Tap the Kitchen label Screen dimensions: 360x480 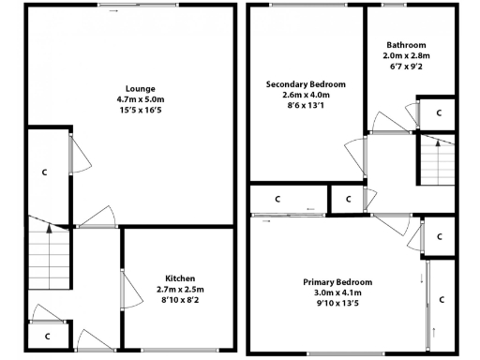coord(180,279)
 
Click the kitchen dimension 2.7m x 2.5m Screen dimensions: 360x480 coord(180,290)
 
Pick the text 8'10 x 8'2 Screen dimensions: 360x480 coord(180,300)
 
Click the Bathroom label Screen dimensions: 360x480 coord(406,45)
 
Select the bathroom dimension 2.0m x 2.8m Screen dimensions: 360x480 coord(406,56)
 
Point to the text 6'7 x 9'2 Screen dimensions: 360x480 coord(406,67)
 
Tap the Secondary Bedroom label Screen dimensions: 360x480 coord(307,84)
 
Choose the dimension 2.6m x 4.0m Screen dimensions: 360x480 coord(307,95)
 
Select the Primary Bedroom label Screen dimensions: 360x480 coord(337,282)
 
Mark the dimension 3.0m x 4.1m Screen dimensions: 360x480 coord(337,292)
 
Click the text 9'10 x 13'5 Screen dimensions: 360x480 coord(337,303)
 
